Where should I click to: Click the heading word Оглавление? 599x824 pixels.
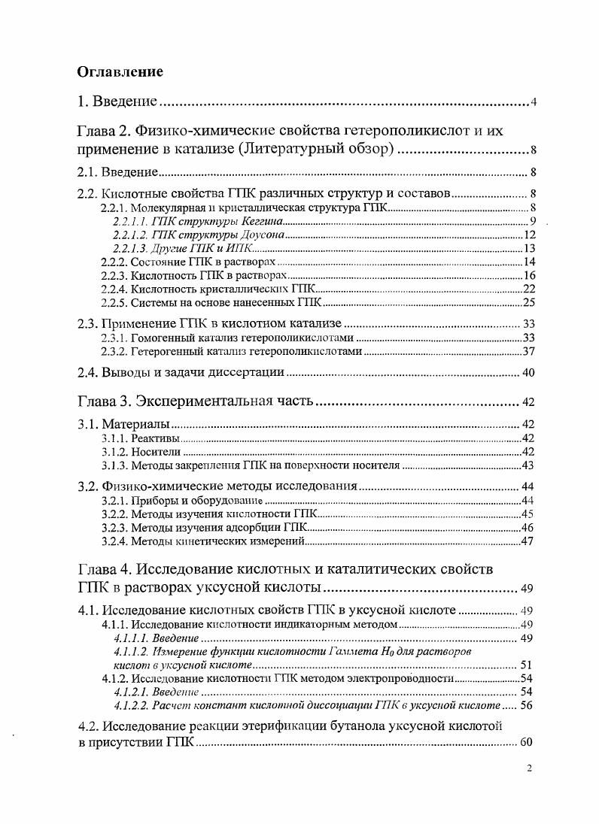(120, 72)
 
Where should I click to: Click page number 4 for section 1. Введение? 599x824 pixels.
(533, 102)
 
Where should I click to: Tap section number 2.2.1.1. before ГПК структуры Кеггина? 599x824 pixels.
(131, 222)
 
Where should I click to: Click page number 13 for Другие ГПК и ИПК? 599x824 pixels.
(528, 249)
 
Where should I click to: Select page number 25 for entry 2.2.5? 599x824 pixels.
(528, 303)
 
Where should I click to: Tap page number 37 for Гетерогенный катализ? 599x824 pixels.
(528, 352)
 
